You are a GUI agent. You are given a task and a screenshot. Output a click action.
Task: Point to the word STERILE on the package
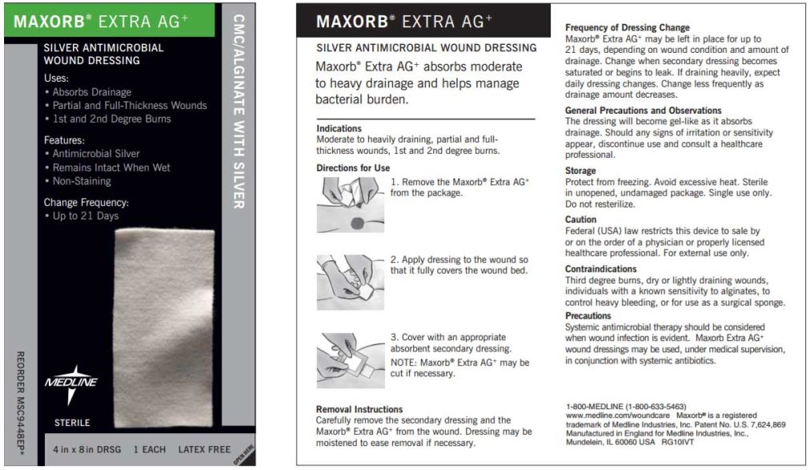coord(72,422)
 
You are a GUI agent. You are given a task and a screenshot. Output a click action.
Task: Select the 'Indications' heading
coord(339,128)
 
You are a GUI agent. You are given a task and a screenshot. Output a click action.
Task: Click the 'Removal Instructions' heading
coord(359,409)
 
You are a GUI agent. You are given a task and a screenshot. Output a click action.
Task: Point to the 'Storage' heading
coord(580,171)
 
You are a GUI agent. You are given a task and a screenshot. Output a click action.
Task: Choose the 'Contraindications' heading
coord(600,269)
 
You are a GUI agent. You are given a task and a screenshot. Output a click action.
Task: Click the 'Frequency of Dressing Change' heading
coord(627,28)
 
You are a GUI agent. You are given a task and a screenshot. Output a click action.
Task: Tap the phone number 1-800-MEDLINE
coord(625,406)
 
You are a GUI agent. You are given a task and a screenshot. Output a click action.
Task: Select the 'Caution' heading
coord(580,219)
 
